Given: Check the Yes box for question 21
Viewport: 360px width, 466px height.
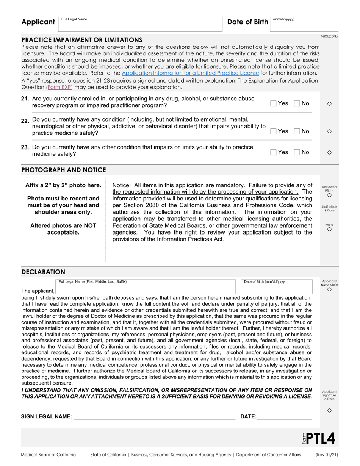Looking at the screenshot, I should [273, 103].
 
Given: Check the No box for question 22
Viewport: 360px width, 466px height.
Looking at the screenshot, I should [297, 131].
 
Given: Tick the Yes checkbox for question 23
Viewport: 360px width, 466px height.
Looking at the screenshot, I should [273, 152].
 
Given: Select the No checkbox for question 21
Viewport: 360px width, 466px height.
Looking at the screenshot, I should [297, 103].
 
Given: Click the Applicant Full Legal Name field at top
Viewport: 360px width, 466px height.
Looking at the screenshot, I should [140, 25].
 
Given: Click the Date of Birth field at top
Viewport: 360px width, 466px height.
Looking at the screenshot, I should [304, 25].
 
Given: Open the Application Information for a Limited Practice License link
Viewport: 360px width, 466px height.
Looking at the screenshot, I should [190, 73].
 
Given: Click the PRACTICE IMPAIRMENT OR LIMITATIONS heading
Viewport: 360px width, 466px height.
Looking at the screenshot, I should [82, 40].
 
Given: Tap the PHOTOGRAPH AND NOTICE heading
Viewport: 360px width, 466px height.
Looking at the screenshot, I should [64, 170].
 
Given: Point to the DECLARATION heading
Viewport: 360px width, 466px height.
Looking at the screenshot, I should [43, 272].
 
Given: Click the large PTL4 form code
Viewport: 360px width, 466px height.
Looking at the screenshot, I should [320, 438].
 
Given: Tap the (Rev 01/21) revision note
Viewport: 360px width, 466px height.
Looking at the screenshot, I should [327, 455].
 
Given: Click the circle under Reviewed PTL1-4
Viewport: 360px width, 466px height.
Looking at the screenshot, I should [329, 195].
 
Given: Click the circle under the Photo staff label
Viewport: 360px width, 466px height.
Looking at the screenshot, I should [329, 229].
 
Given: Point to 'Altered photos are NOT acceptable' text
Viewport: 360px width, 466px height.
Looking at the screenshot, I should [63, 229].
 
